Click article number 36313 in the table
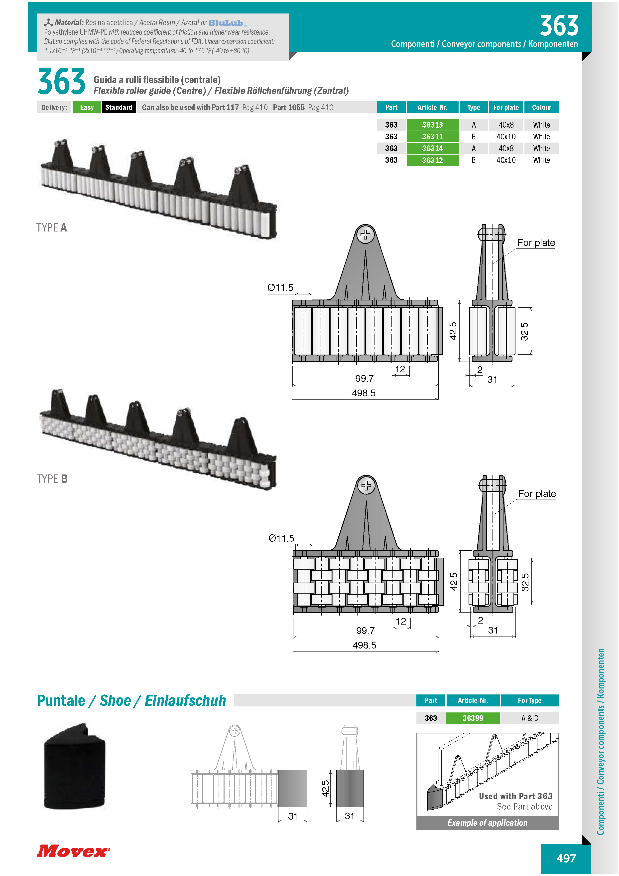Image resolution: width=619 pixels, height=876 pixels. (x=432, y=125)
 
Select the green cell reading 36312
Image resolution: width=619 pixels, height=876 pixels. (x=432, y=160)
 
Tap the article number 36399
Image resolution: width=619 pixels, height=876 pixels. (x=473, y=718)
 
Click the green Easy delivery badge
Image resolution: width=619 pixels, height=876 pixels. (x=87, y=107)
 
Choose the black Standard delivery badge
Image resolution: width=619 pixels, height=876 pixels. (x=119, y=107)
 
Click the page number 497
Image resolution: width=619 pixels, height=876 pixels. (x=566, y=858)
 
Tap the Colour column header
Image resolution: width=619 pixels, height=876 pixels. (x=541, y=107)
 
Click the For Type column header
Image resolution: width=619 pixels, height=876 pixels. (x=529, y=700)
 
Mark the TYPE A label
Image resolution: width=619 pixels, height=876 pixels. (x=51, y=228)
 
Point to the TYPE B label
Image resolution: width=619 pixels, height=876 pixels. (x=52, y=479)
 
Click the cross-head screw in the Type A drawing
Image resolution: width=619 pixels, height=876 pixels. (x=365, y=235)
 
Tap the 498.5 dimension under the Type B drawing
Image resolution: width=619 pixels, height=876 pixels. (x=364, y=645)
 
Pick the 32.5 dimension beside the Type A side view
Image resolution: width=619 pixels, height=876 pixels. (x=524, y=331)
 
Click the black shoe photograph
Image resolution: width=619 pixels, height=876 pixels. (x=75, y=766)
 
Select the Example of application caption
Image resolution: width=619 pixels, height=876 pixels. (x=488, y=823)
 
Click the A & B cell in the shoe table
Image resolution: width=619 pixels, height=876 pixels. (x=529, y=718)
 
